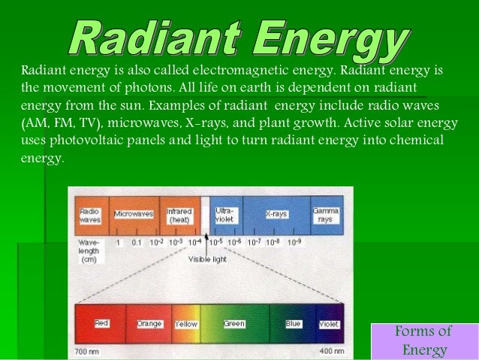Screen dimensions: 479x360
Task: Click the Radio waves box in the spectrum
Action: click(90, 216)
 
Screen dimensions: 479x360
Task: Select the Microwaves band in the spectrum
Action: click(134, 214)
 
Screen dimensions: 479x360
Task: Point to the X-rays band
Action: click(276, 214)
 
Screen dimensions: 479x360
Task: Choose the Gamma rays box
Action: click(327, 214)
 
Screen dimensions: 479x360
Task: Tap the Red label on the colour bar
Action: click(101, 323)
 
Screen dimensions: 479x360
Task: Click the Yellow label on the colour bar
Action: click(186, 325)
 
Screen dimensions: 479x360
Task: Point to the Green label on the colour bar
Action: click(234, 324)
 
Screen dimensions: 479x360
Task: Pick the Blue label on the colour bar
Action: click(293, 324)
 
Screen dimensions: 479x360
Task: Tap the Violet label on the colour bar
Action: click(329, 325)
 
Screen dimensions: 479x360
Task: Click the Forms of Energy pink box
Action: click(424, 341)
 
